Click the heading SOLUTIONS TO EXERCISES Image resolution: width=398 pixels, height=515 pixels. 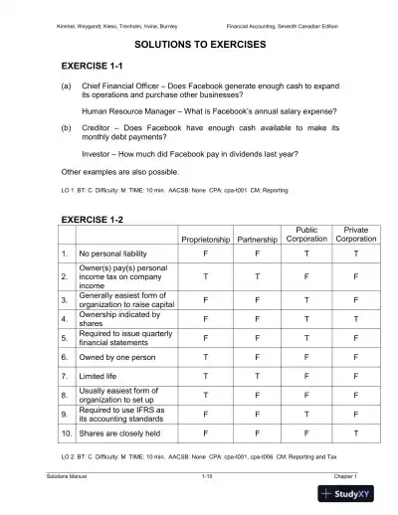point(199,45)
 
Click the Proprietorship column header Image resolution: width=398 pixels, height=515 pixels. point(205,240)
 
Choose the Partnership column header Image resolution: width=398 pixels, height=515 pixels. point(258,240)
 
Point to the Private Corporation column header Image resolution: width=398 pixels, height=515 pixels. point(355,235)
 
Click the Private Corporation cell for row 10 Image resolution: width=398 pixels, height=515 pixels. point(355,433)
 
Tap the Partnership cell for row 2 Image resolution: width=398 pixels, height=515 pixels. point(258,275)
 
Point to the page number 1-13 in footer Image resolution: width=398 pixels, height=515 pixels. point(207,478)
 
